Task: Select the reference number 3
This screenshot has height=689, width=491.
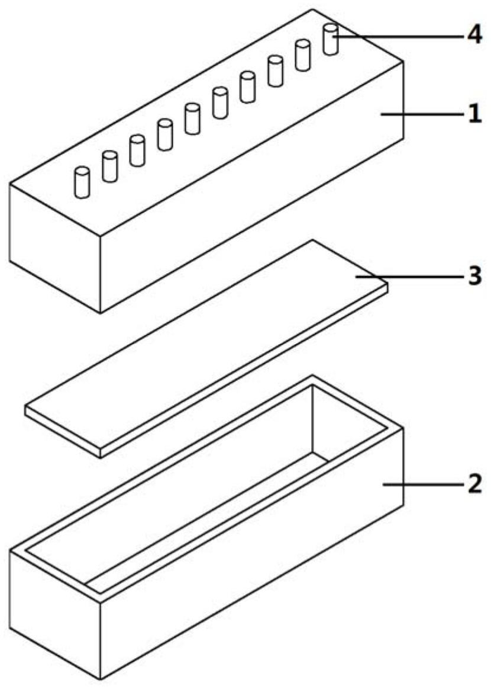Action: pos(474,277)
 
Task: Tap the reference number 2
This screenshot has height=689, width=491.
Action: pos(474,484)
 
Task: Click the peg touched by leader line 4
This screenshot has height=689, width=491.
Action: pos(331,40)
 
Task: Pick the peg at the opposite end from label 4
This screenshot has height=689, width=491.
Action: pos(82,182)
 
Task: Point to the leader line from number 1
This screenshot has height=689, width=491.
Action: pos(422,114)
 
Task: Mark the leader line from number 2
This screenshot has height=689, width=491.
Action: pos(424,484)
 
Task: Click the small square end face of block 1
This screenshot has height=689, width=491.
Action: pos(55,248)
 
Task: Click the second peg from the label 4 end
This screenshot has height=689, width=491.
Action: pos(303,55)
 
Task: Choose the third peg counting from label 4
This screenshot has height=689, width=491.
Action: pos(275,70)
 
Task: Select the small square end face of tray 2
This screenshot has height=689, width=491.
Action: pos(55,615)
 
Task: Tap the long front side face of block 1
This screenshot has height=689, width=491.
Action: pos(252,187)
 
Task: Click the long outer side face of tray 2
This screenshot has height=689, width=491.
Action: pos(252,554)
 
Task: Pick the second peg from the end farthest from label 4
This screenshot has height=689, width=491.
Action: pos(109,166)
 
